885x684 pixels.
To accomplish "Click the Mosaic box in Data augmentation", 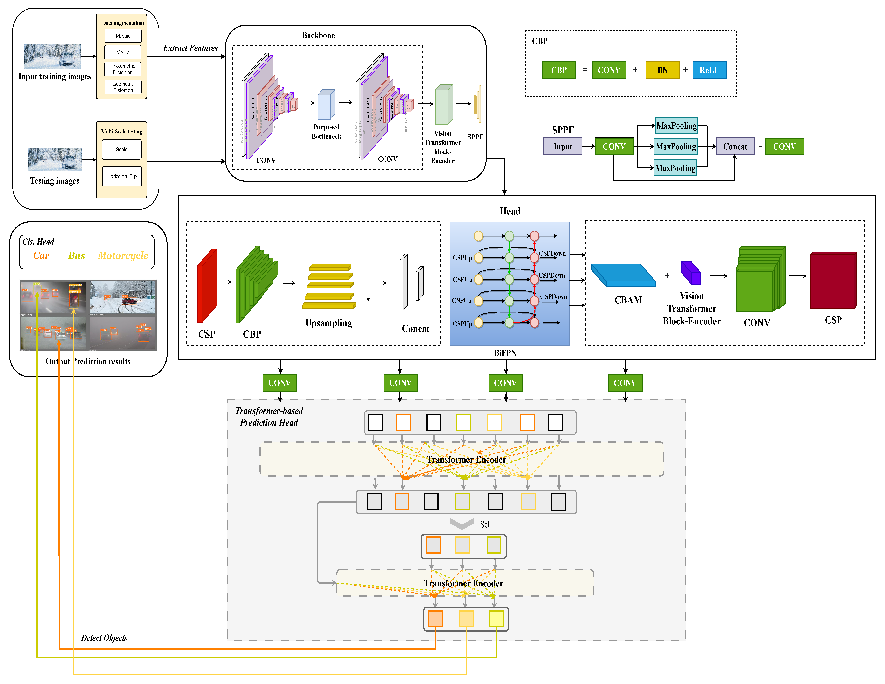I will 123,36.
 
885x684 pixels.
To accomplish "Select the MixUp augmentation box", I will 123,52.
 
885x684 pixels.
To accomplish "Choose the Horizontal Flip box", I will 122,176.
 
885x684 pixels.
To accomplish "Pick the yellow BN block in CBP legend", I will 662,70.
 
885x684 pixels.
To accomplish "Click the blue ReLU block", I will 709,70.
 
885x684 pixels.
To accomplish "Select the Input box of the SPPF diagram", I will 563,146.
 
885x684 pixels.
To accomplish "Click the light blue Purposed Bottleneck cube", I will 326,105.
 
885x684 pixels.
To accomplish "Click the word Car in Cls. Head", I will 41,255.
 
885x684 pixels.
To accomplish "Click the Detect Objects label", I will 104,638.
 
